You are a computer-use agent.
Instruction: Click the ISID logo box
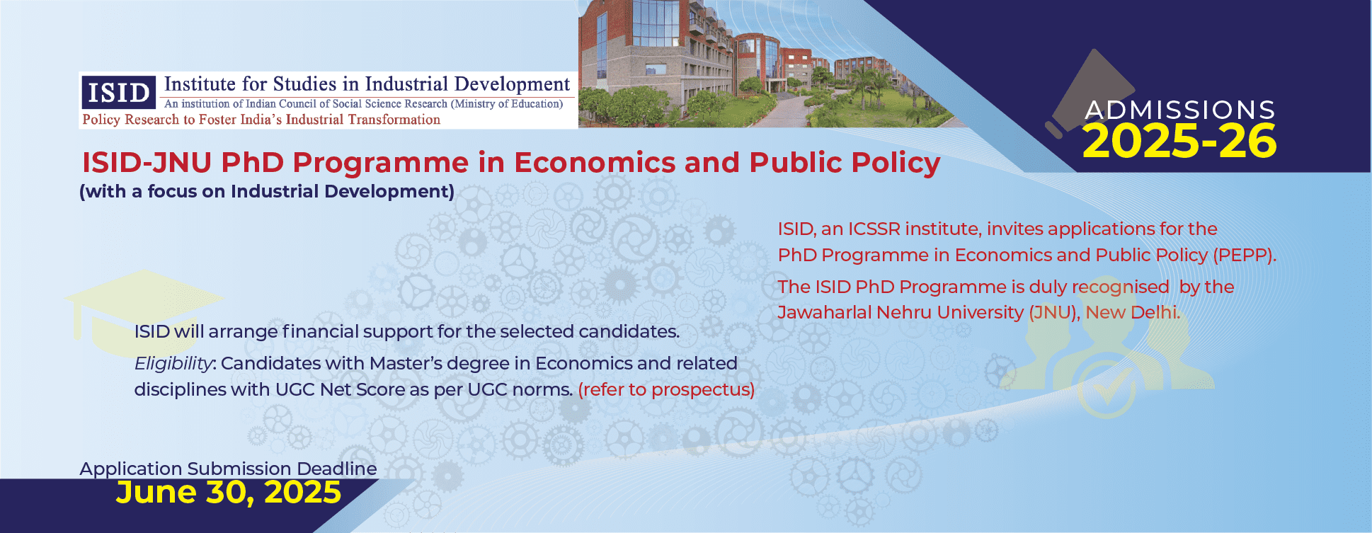point(118,92)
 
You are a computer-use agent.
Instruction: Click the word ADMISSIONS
point(1180,110)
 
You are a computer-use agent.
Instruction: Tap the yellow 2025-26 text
point(1179,141)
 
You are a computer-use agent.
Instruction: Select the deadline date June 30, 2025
point(229,493)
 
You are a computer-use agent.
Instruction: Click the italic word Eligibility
point(173,364)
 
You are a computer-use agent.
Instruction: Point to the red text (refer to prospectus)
point(666,389)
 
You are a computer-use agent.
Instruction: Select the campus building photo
point(765,64)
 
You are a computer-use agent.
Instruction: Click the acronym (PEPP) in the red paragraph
point(1245,255)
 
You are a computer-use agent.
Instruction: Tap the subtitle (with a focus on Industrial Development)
point(267,192)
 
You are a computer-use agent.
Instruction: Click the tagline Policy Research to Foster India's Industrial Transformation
point(261,120)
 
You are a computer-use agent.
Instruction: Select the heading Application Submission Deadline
point(228,469)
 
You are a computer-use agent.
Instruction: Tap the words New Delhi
point(1133,312)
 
